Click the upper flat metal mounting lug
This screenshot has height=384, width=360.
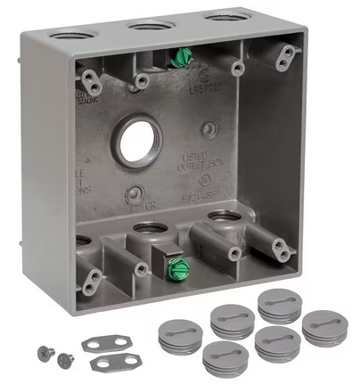click(108, 343)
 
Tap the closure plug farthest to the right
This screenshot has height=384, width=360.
click(324, 326)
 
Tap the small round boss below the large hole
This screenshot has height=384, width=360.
click(133, 194)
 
